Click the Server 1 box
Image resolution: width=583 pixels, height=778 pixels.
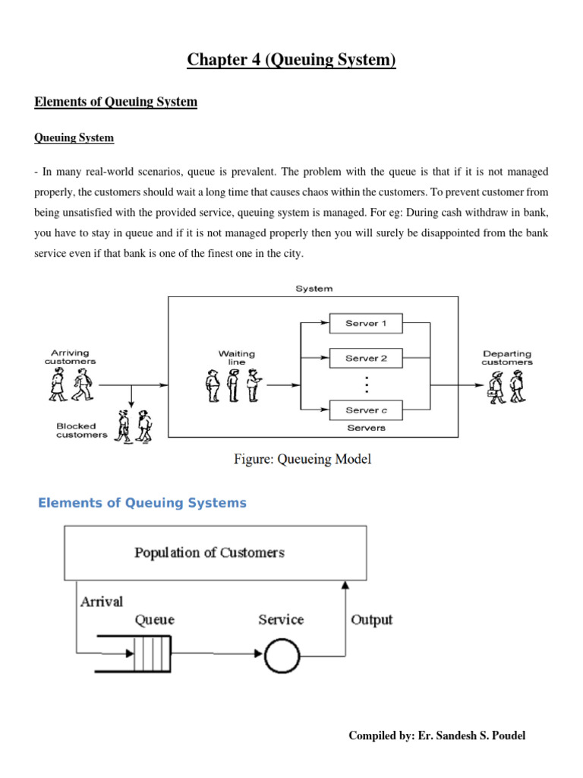pos(366,324)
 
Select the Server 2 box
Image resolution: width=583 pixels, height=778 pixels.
pos(366,358)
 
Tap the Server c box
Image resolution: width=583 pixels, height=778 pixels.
pos(366,410)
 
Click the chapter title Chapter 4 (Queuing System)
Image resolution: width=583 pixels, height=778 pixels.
pos(291,59)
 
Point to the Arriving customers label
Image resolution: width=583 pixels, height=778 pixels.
pos(70,357)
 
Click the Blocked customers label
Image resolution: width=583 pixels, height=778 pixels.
pos(81,431)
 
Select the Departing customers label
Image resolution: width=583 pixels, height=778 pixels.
pos(506,357)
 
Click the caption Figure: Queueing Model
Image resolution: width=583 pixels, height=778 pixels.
pos(302,460)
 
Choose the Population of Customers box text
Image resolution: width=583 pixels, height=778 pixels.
pos(210,552)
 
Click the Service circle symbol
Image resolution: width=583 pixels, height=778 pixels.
pos(281,655)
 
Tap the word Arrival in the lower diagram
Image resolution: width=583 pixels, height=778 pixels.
pos(101,601)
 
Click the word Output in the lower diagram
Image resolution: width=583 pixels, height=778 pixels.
pos(371,619)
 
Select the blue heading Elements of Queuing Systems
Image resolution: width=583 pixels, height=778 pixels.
pos(143,503)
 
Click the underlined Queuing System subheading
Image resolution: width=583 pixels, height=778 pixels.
pos(74,138)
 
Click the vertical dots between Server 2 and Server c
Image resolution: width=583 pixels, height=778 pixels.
pos(366,384)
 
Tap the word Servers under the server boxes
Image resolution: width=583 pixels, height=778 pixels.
pos(366,428)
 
